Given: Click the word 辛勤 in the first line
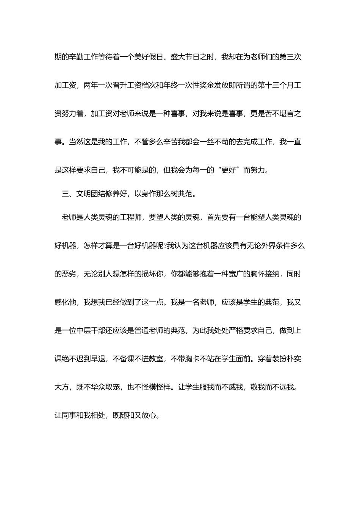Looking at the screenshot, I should [x=76, y=57].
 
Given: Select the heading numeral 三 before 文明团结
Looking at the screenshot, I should [x=65, y=194].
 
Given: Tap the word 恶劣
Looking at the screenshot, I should [x=69, y=274].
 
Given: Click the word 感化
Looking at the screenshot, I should [x=62, y=302].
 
